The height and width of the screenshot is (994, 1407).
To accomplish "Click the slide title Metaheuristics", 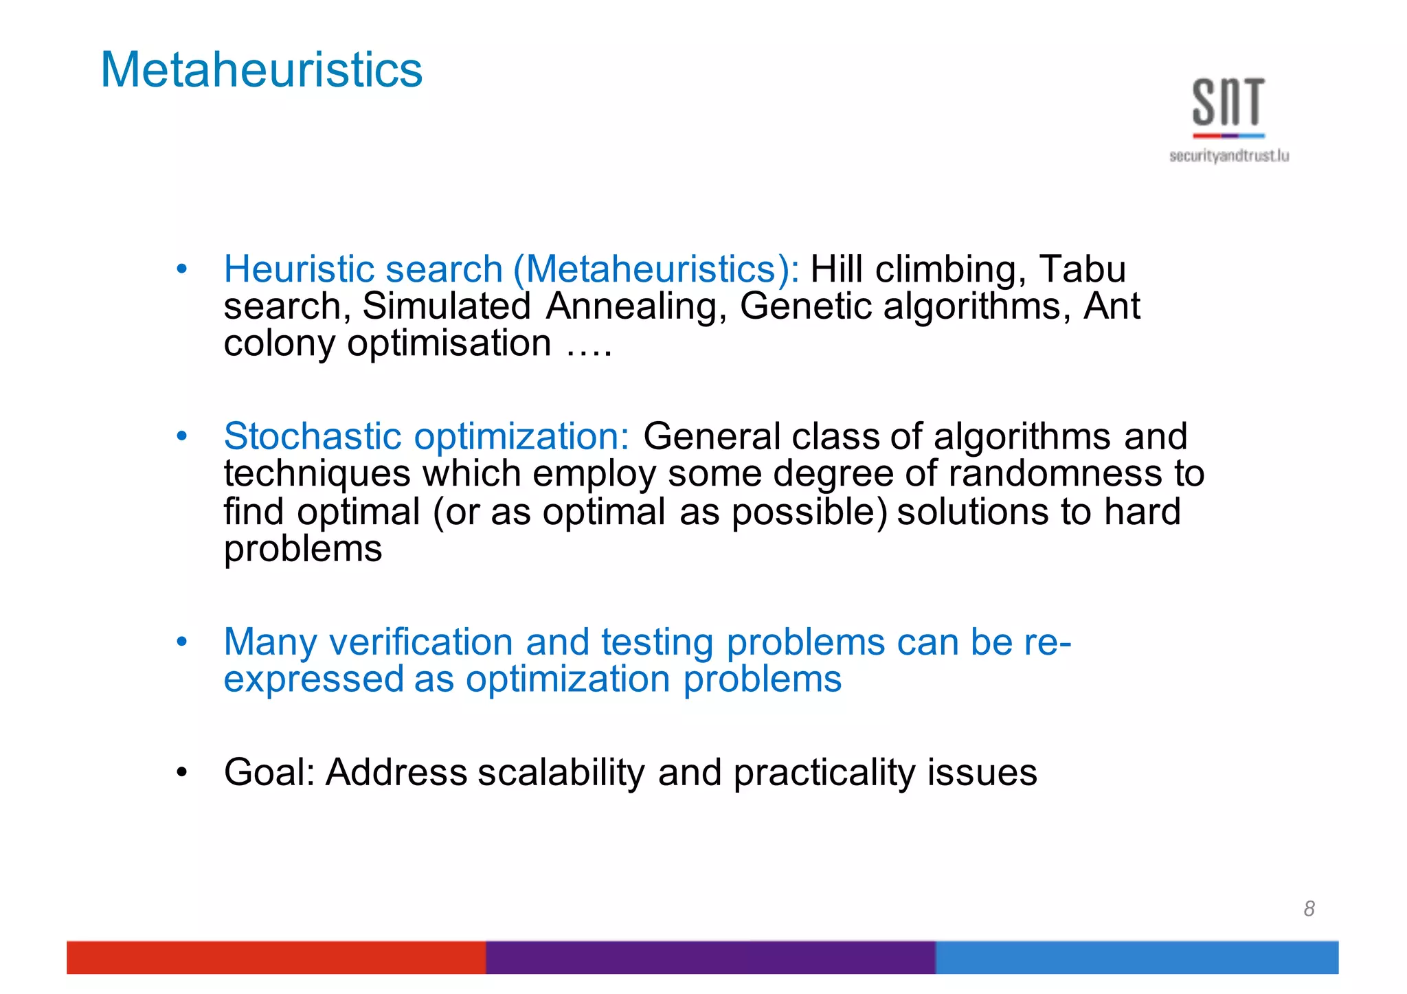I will pos(261,70).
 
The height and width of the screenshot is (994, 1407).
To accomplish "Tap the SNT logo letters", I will pos(1228,102).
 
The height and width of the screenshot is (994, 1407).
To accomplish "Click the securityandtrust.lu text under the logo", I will pos(1228,157).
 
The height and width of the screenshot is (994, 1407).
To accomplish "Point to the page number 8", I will pos(1309,909).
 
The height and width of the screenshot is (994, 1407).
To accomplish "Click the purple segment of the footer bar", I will pos(710,957).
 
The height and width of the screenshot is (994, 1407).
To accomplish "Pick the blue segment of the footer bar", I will pos(1136,957).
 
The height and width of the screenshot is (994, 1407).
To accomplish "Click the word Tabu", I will pos(1082,269).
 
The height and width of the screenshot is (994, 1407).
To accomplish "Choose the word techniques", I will pos(317,474).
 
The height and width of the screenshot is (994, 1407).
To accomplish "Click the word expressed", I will pos(314,680).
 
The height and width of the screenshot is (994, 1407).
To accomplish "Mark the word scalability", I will pos(561,772).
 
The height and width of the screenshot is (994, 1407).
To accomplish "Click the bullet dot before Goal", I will pos(181,772).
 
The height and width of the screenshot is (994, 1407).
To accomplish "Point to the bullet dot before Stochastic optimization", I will pos(181,436).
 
